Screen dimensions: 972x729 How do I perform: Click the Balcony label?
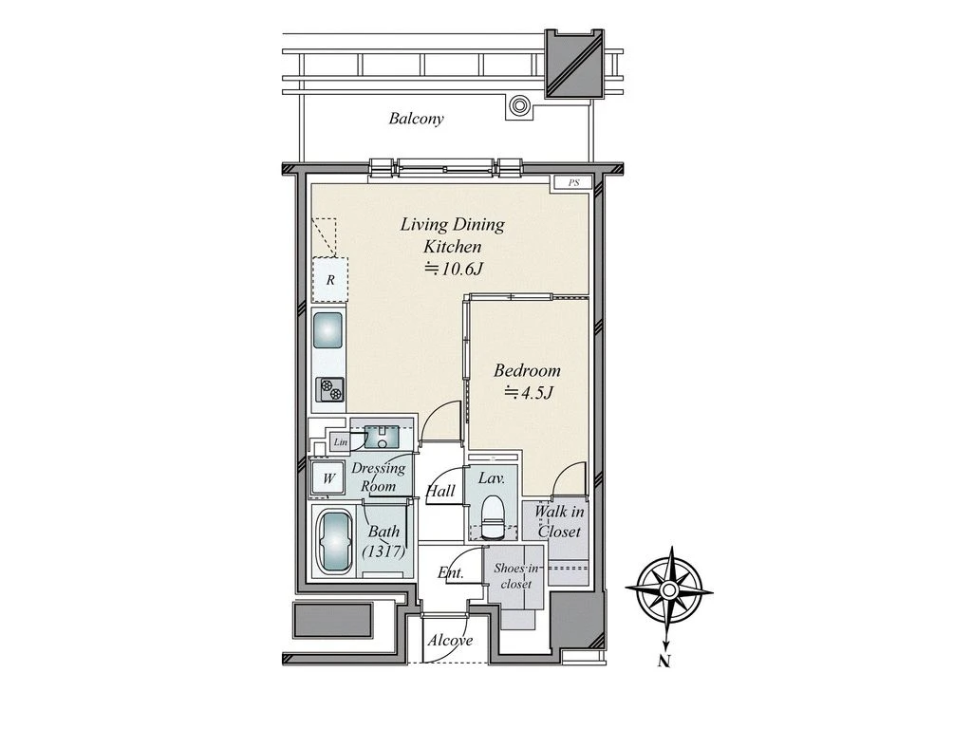(x=416, y=119)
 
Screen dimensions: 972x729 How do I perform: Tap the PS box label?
(x=574, y=183)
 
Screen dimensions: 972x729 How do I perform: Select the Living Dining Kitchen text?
(x=452, y=235)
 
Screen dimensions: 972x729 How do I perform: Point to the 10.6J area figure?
(x=453, y=269)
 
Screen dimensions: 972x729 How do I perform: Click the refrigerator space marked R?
(x=329, y=280)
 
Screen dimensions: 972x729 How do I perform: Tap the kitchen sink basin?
(x=327, y=330)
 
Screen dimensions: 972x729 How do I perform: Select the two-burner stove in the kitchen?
(x=329, y=390)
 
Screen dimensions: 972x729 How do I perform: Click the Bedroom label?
(x=527, y=371)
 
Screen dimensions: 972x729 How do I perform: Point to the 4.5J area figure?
(x=528, y=392)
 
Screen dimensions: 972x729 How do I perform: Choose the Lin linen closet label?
(x=341, y=442)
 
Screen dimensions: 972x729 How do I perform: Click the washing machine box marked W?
(x=327, y=478)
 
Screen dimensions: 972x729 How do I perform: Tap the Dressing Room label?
(x=378, y=477)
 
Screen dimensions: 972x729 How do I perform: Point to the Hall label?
(x=440, y=492)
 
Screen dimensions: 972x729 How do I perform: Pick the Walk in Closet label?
(x=558, y=521)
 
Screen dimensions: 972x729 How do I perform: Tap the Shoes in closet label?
(x=515, y=576)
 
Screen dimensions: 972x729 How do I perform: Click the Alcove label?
(x=450, y=641)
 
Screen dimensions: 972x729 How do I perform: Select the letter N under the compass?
(x=664, y=662)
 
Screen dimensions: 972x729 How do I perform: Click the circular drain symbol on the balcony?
(x=519, y=105)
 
